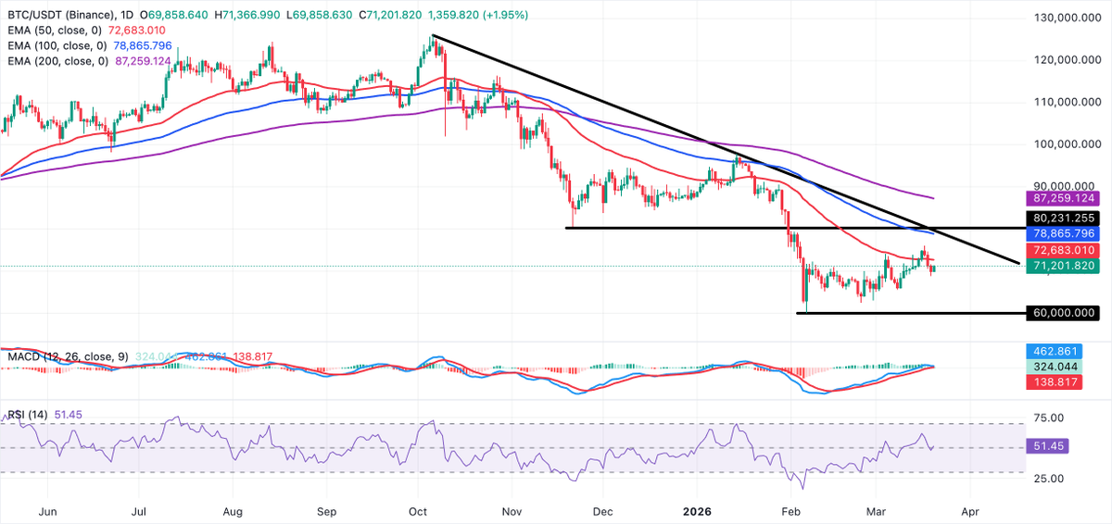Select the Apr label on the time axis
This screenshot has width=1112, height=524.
pos(970,510)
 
